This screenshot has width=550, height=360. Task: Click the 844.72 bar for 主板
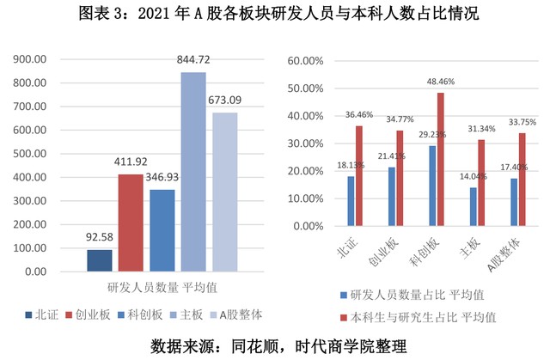point(193,172)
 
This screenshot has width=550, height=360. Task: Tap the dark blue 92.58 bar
point(99,260)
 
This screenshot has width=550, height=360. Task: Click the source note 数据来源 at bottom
point(275,345)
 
